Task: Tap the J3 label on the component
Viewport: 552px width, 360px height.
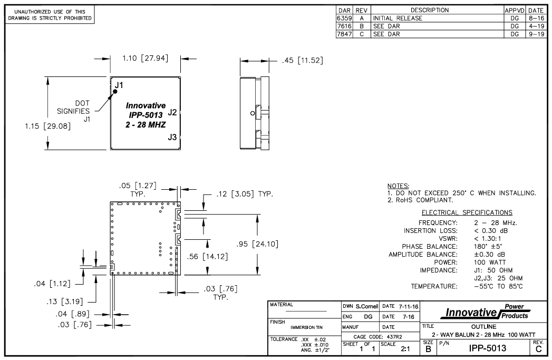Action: (x=172, y=137)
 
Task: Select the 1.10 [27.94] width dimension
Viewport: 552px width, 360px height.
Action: (x=145, y=59)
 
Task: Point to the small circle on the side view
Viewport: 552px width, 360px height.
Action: (x=251, y=113)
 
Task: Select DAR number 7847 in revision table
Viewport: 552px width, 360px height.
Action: (x=344, y=32)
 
